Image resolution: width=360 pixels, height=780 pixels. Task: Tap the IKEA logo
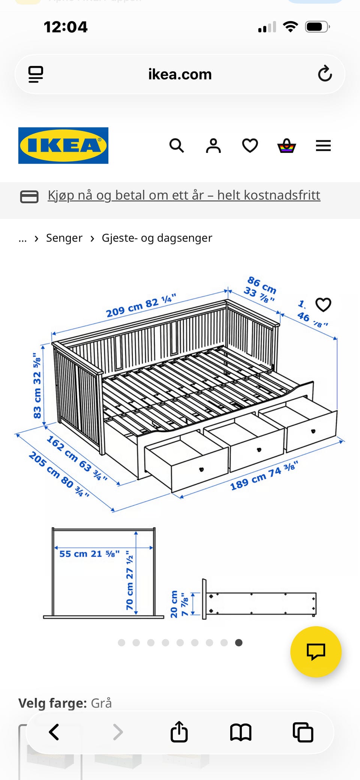(63, 145)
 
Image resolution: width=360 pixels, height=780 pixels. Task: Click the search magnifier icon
(177, 145)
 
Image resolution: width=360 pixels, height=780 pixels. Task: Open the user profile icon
(213, 145)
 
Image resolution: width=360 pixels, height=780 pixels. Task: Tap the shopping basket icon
(286, 145)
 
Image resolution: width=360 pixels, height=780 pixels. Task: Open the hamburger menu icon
(323, 145)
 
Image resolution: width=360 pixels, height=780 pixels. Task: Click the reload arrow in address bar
(325, 74)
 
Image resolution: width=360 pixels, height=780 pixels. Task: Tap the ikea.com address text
(180, 74)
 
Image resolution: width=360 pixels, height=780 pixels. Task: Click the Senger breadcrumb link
(64, 238)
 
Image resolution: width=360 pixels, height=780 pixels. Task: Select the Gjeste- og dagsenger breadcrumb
(157, 238)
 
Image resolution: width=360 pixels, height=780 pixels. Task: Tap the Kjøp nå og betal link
(184, 195)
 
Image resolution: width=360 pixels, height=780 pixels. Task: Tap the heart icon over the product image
(323, 304)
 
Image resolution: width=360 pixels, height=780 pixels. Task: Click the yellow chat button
(316, 651)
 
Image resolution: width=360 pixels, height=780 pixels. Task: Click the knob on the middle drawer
(259, 449)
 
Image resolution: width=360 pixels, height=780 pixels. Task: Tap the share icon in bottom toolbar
(179, 732)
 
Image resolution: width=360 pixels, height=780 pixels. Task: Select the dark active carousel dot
(238, 643)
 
